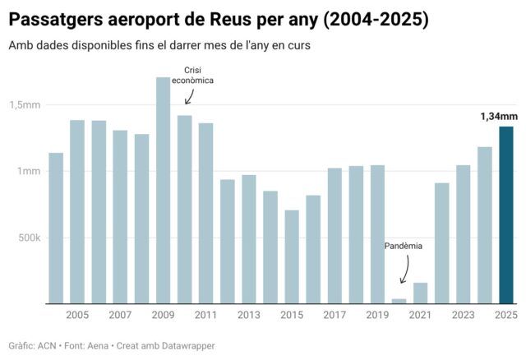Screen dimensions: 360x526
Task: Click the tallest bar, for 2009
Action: coord(163,191)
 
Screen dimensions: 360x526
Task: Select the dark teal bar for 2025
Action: coord(506,215)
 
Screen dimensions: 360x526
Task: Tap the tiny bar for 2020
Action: coord(399,301)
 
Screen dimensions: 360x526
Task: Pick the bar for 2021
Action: coord(420,293)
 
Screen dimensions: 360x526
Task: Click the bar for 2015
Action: coord(292,256)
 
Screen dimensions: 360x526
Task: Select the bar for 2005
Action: coord(77,212)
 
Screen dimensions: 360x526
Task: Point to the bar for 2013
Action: coord(248,239)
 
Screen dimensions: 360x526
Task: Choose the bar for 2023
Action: coord(464,234)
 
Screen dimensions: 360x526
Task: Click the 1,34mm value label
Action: coord(498,117)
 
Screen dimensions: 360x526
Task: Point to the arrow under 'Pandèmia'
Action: coord(403,270)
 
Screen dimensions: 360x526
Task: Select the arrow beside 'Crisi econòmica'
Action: coord(190,96)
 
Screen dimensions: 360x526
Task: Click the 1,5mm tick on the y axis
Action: coord(25,105)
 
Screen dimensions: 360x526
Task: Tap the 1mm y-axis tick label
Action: coord(30,171)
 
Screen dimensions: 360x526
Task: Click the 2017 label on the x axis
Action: coord(335,316)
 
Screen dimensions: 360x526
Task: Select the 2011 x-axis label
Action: coord(205,316)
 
